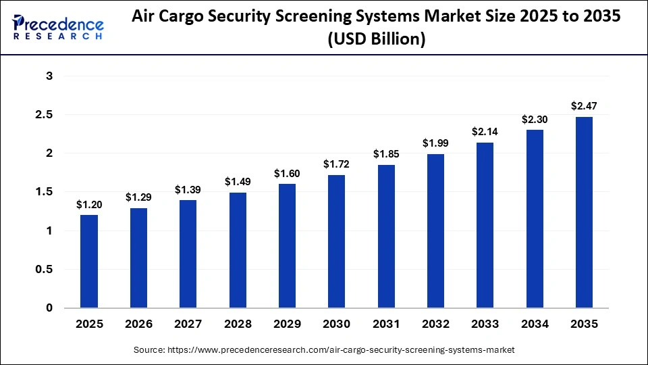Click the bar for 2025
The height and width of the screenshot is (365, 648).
(89, 262)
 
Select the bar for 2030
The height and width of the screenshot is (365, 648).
(336, 241)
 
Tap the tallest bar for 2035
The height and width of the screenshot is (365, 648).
(584, 212)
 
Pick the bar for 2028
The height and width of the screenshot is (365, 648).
(238, 250)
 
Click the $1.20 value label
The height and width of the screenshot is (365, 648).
(89, 204)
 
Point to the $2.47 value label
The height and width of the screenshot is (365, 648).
(584, 106)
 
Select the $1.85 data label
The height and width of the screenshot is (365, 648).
(386, 154)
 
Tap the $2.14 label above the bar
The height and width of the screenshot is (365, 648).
(485, 132)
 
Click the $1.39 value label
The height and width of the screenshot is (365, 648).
(188, 190)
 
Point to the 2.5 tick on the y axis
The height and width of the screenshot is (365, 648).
(44, 115)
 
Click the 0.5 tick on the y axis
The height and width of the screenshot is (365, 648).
(44, 270)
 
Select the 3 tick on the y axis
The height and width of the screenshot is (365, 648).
(49, 76)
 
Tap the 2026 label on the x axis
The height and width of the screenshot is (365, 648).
(138, 324)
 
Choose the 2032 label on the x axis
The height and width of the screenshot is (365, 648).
(435, 324)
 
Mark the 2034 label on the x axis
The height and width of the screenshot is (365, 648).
(535, 324)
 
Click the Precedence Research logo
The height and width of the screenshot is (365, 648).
(58, 28)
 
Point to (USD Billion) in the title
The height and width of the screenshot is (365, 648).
(376, 40)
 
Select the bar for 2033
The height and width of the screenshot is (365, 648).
(485, 225)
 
